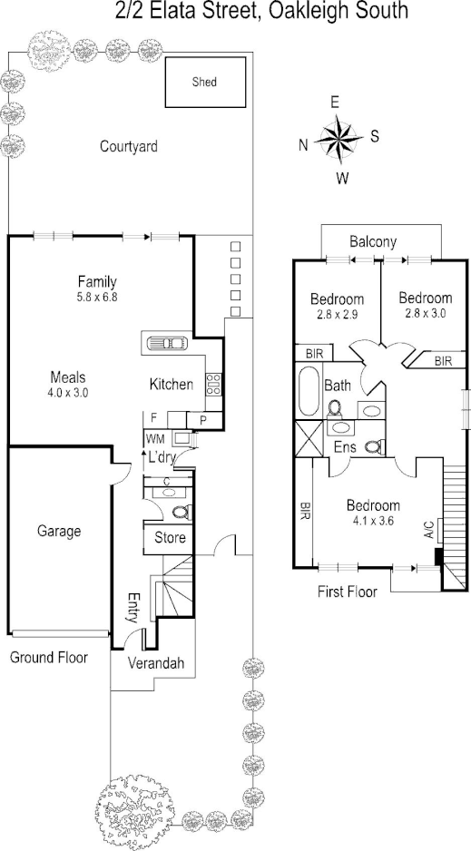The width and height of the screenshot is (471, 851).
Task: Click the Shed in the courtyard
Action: (205, 83)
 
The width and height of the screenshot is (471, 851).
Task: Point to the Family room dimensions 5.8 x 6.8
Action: (97, 296)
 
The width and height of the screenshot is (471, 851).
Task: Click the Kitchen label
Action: (171, 385)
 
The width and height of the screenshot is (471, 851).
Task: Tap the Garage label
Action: (60, 532)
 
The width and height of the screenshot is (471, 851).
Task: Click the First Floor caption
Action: (347, 592)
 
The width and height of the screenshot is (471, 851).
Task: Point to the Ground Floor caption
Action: (48, 656)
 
